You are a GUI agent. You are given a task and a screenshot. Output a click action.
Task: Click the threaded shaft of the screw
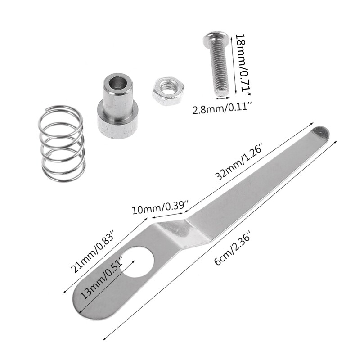pyautogui.click(x=218, y=72)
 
